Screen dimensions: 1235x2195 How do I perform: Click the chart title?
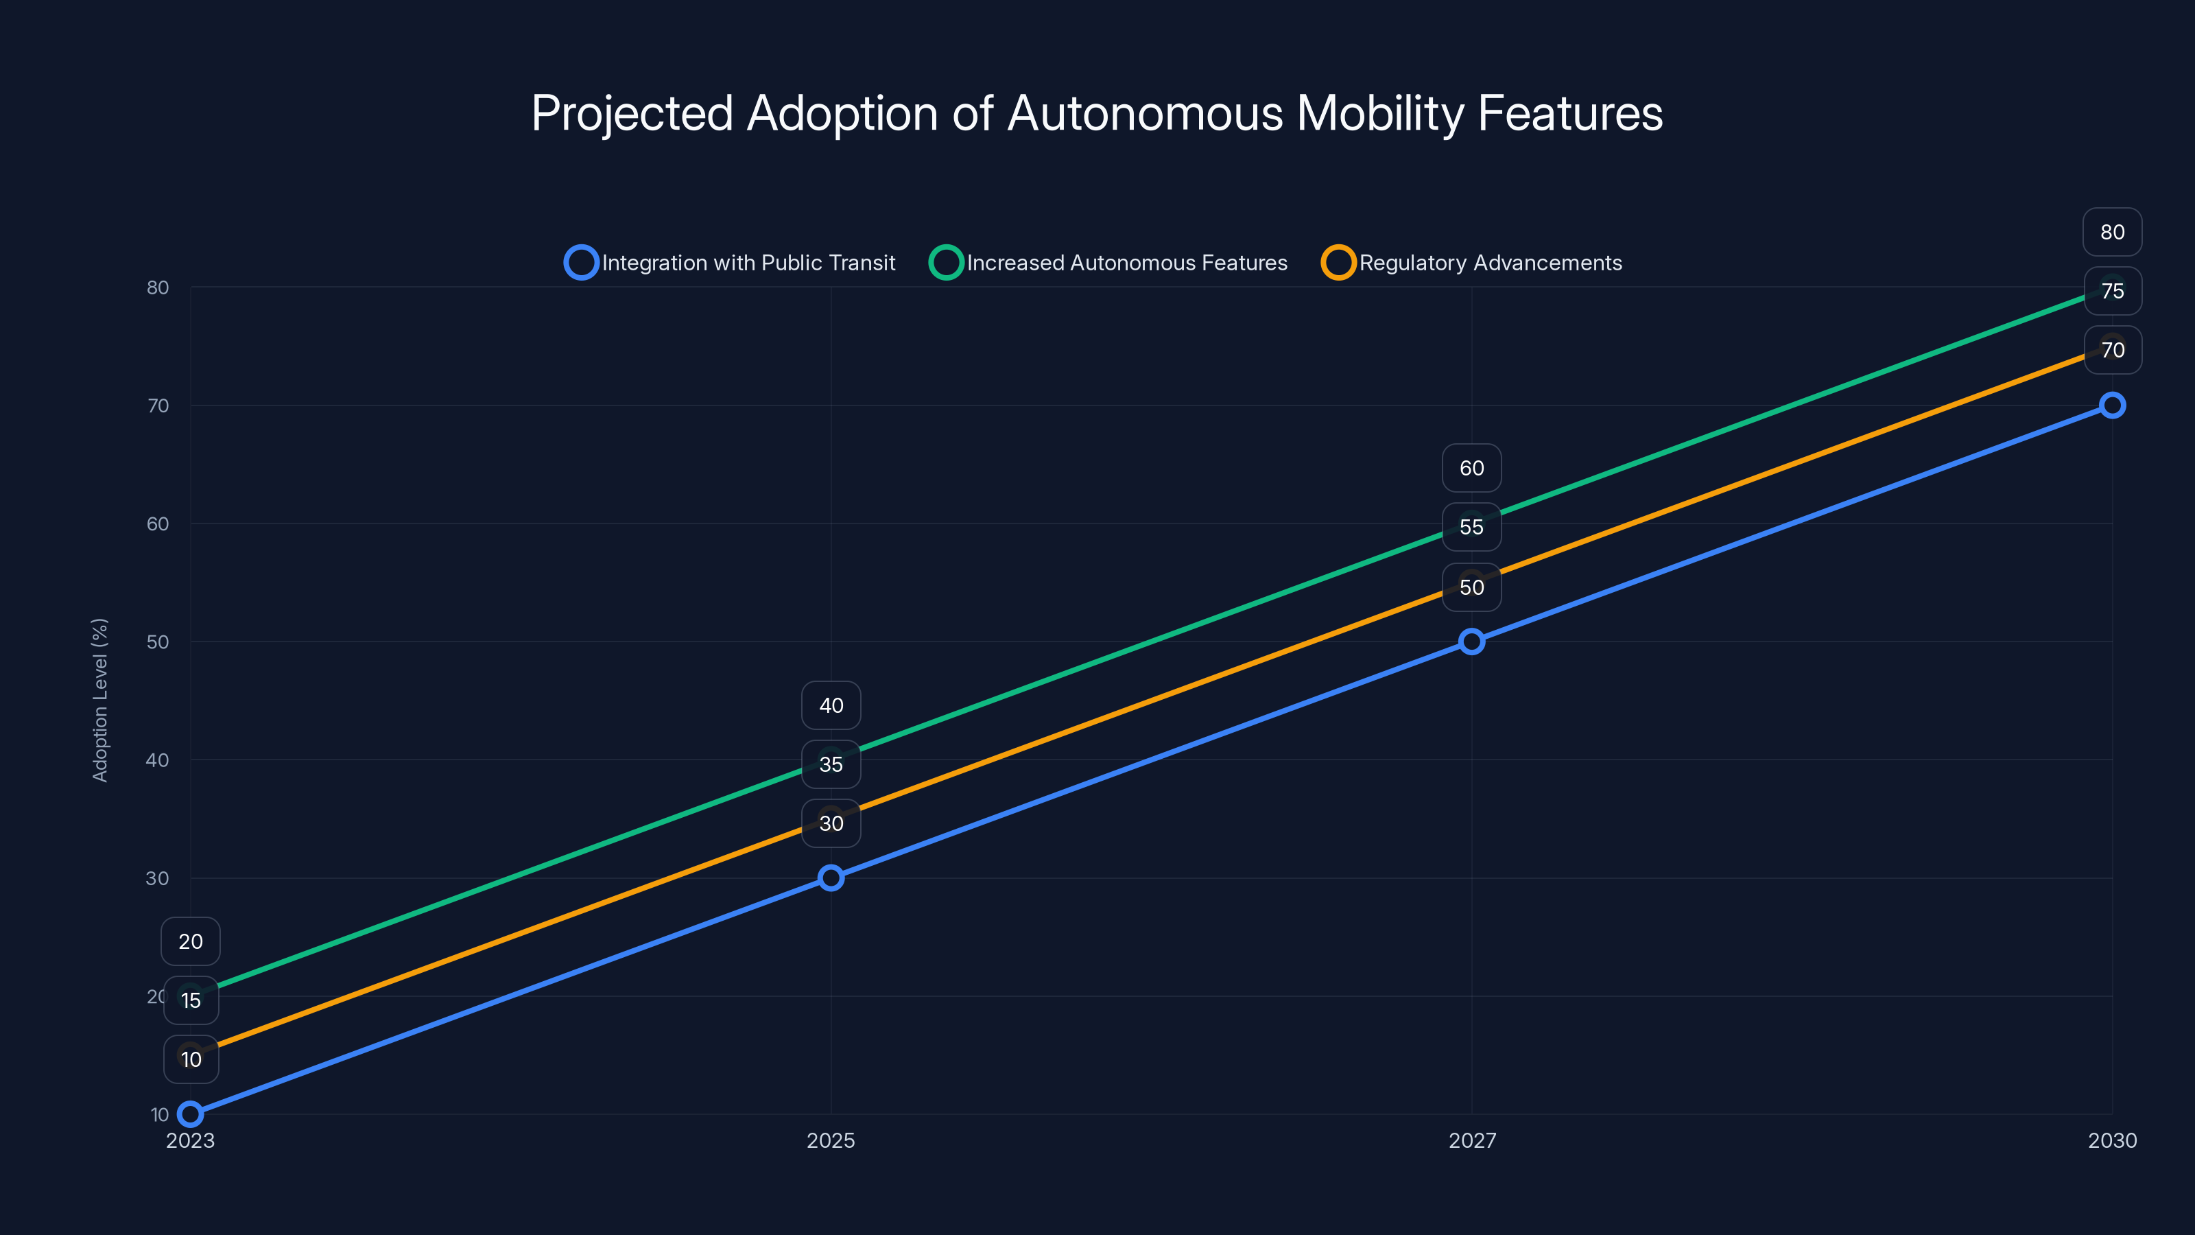click(1097, 113)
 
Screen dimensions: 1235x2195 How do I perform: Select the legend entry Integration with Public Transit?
click(731, 263)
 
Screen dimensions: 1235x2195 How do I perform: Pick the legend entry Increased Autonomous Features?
click(1108, 263)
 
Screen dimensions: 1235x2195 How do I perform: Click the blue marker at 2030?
click(2111, 405)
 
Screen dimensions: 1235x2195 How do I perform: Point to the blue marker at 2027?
click(1471, 642)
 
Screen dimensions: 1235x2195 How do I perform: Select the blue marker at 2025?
click(831, 878)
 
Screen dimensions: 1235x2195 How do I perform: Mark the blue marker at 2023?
click(191, 1114)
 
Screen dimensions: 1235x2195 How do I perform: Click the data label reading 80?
click(2111, 232)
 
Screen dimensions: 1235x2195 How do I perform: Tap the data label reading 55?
click(1471, 527)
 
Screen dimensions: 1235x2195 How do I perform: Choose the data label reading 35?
click(831, 764)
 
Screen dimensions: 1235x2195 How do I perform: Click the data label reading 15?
click(191, 1000)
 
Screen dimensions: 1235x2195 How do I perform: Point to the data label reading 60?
click(1471, 468)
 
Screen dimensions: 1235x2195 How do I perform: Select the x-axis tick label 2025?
click(831, 1140)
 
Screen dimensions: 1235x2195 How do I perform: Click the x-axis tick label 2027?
click(1471, 1140)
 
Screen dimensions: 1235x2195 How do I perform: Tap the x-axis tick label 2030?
click(2111, 1140)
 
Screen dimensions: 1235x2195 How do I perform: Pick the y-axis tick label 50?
click(158, 642)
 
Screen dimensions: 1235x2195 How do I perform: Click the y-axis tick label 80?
click(158, 287)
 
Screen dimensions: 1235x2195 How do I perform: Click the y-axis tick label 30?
click(158, 878)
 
